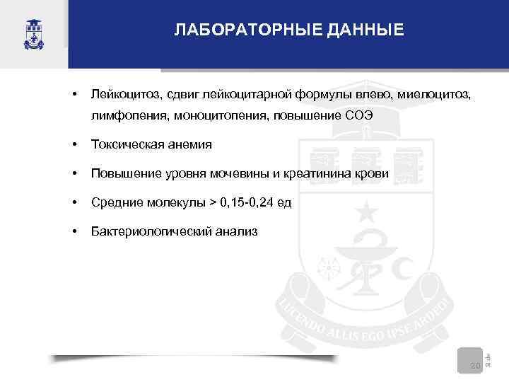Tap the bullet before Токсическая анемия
tap(74, 144)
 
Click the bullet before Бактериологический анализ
tap(74, 231)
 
